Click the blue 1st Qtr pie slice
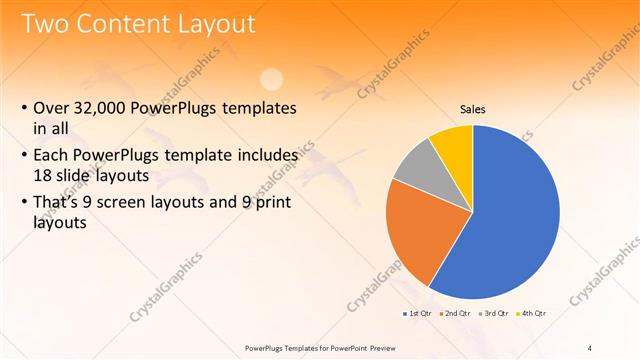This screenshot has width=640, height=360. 510,220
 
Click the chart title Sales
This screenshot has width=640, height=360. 473,110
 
